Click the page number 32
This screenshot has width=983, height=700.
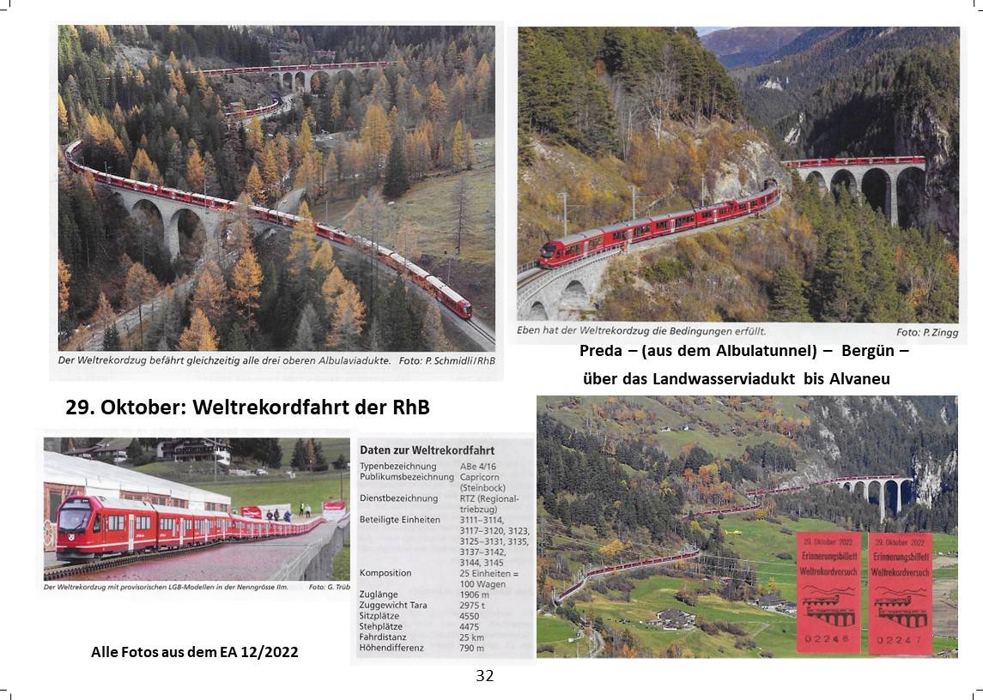coord(484,676)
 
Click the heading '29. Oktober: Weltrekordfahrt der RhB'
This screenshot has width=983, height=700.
coord(247,407)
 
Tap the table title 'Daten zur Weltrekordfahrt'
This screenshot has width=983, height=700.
coord(427,450)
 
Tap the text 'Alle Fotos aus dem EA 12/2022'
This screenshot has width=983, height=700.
coord(195,652)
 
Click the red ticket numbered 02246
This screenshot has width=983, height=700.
coord(828,592)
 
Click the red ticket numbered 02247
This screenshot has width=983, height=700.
coord(900,592)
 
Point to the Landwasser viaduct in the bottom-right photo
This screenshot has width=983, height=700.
coord(880,493)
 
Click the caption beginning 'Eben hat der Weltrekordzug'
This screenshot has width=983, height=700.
coord(640,330)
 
